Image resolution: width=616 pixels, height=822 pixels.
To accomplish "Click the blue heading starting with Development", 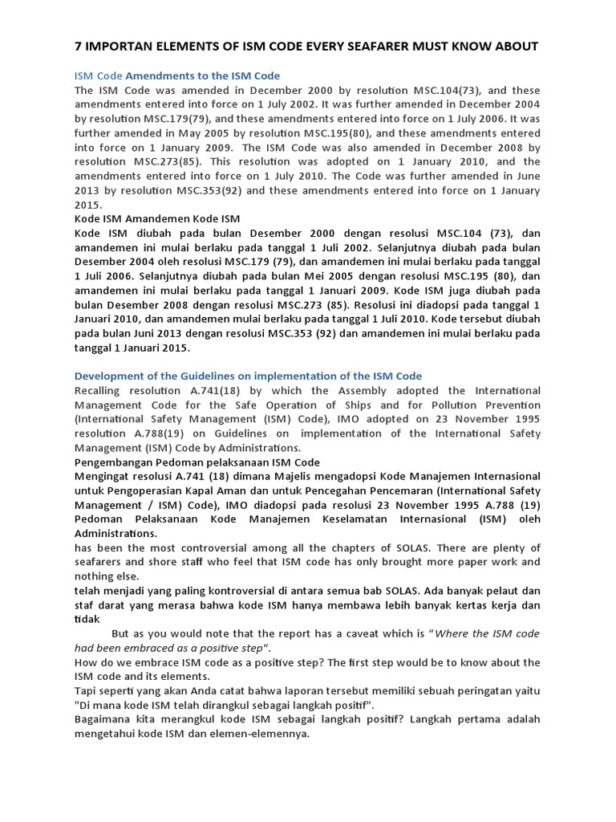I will click(248, 376).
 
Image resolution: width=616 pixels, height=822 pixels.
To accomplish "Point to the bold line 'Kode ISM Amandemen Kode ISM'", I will click(157, 218).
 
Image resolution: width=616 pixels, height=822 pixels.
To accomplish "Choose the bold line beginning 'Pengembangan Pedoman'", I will click(197, 462).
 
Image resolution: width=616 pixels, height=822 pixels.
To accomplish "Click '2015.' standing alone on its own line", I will click(90, 205).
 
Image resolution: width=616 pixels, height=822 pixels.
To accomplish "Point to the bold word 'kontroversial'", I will click(266, 591).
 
